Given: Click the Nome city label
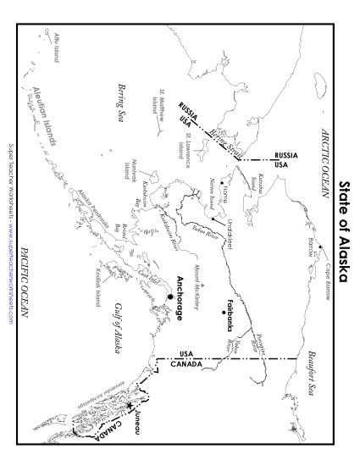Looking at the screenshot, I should [224, 196].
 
